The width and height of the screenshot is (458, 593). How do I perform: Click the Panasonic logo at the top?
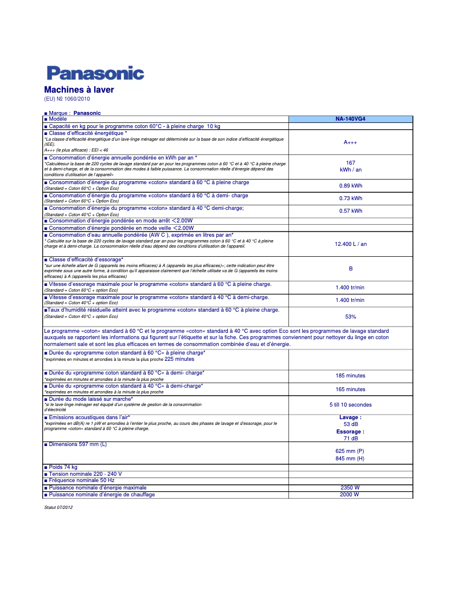click(x=95, y=73)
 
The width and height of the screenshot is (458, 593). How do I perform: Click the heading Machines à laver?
click(x=79, y=90)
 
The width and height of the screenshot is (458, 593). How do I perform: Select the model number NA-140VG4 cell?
click(x=350, y=119)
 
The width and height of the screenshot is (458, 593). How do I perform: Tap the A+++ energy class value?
click(x=350, y=142)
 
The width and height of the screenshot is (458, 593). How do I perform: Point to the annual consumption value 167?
click(x=351, y=163)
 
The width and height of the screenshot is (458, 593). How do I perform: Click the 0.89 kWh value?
click(x=351, y=185)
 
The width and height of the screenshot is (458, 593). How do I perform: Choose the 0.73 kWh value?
click(x=351, y=198)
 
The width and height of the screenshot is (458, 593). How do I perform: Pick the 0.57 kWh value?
click(x=351, y=211)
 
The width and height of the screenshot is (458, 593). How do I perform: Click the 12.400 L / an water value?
click(x=351, y=244)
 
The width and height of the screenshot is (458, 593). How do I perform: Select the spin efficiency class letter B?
click(x=351, y=269)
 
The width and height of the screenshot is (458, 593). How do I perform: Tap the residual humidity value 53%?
click(x=351, y=316)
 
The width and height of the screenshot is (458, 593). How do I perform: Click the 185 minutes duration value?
click(x=351, y=376)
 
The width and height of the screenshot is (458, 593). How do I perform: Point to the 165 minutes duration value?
click(x=351, y=389)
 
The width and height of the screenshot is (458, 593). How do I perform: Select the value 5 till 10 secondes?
click(x=351, y=405)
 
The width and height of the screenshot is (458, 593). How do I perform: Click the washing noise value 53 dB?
click(x=351, y=424)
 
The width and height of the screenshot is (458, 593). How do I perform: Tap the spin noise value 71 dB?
click(x=351, y=439)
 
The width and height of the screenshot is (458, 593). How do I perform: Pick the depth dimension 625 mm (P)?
click(x=350, y=451)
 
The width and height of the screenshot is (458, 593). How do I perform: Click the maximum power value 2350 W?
click(x=350, y=488)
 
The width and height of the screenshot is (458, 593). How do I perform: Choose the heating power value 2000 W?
click(x=349, y=495)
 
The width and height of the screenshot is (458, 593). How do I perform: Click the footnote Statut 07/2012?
click(x=58, y=508)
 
